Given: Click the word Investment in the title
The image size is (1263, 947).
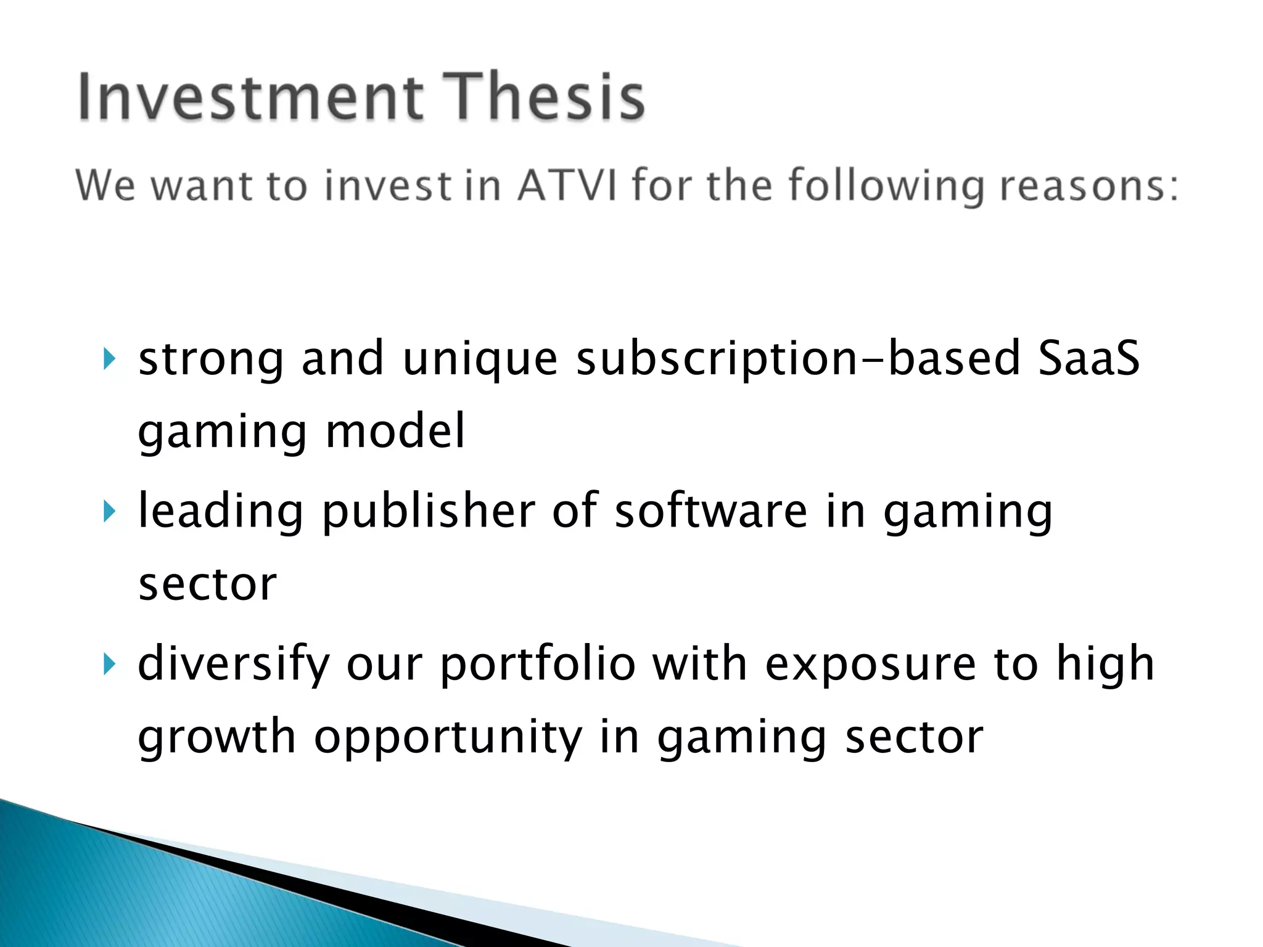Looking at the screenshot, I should (x=250, y=97).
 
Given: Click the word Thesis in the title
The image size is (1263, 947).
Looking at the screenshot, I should (x=544, y=97).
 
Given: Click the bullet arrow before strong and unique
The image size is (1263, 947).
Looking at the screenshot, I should (x=109, y=359).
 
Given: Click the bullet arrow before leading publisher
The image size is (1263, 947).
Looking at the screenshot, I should (x=109, y=511).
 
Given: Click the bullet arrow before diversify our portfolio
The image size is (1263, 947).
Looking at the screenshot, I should (x=109, y=664).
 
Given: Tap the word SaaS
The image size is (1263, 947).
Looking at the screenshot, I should (x=1088, y=358).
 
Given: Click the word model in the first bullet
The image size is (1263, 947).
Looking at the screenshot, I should (x=395, y=431).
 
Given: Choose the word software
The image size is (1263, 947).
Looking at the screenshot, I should (x=710, y=511).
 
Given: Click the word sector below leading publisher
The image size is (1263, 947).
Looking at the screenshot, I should (x=207, y=584).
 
